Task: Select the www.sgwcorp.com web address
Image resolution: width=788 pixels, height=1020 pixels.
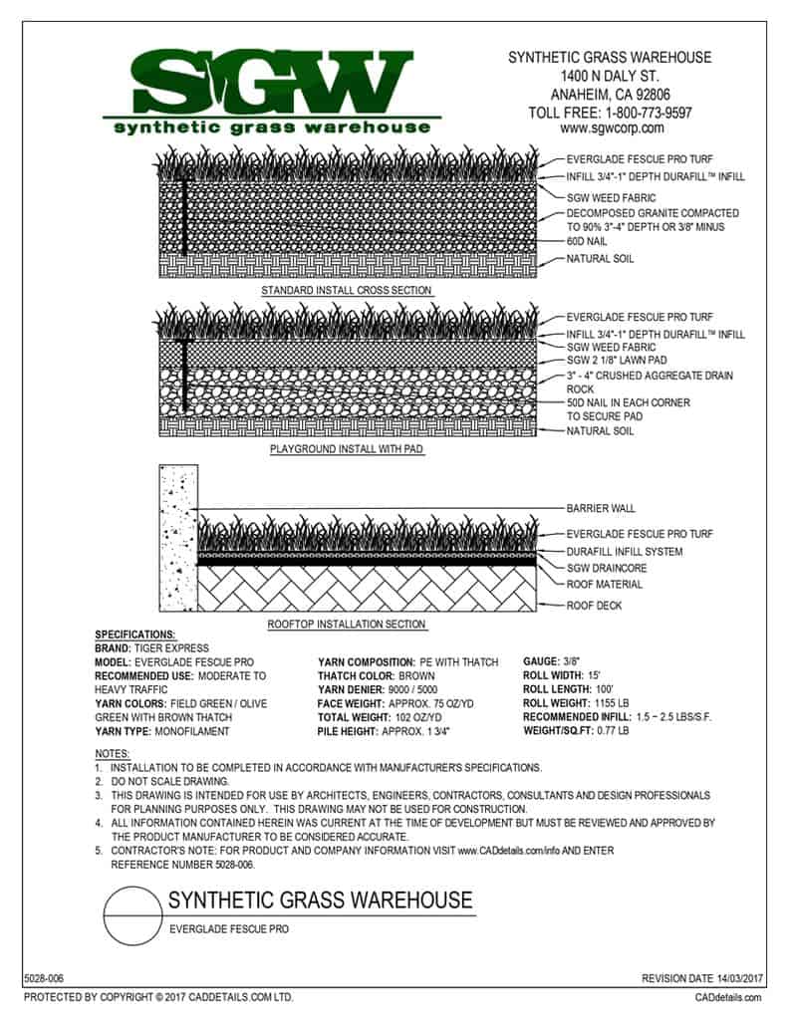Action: pyautogui.click(x=612, y=128)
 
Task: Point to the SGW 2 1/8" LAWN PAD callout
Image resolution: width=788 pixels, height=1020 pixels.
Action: pyautogui.click(x=618, y=360)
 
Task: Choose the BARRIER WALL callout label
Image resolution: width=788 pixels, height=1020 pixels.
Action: pyautogui.click(x=601, y=508)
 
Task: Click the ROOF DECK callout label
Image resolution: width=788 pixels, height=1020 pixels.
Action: pyautogui.click(x=595, y=605)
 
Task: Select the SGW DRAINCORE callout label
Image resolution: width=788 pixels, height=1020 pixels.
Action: pyautogui.click(x=607, y=568)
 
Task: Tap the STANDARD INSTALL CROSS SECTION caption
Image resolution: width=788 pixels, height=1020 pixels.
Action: pyautogui.click(x=346, y=291)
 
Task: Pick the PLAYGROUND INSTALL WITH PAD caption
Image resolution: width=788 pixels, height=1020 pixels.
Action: pyautogui.click(x=346, y=450)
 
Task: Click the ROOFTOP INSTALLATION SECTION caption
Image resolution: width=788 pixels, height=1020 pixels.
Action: pyautogui.click(x=346, y=625)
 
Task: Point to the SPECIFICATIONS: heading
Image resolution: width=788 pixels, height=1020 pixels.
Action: pyautogui.click(x=134, y=635)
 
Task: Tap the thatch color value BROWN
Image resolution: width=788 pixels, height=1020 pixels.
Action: pyautogui.click(x=416, y=675)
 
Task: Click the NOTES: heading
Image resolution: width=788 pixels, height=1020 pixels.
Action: pyautogui.click(x=111, y=753)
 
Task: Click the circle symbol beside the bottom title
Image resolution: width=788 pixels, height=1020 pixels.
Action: pyautogui.click(x=133, y=914)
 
